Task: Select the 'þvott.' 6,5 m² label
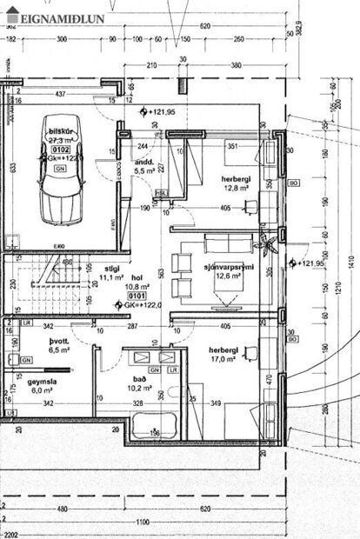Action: [x=58, y=345]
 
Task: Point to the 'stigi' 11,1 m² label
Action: [x=111, y=273]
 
